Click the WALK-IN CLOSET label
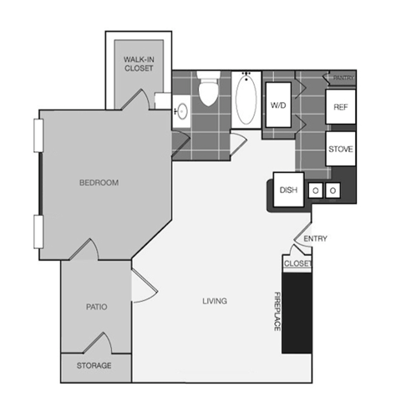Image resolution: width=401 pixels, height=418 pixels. pyautogui.click(x=138, y=65)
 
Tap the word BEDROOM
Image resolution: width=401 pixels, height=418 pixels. pyautogui.click(x=99, y=182)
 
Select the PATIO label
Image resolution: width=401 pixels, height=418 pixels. pyautogui.click(x=96, y=307)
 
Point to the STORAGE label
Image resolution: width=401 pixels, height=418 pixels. pyautogui.click(x=94, y=366)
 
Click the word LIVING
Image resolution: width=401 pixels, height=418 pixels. pyautogui.click(x=215, y=301)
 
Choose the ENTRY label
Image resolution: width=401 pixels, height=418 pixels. pyautogui.click(x=315, y=239)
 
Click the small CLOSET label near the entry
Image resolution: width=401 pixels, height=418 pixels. pyautogui.click(x=297, y=264)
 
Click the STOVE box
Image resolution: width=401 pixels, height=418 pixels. pyautogui.click(x=340, y=150)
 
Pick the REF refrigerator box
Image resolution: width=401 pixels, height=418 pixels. pyautogui.click(x=340, y=107)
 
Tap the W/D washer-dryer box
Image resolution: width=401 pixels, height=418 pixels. pyautogui.click(x=278, y=106)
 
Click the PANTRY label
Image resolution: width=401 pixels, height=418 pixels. pyautogui.click(x=343, y=78)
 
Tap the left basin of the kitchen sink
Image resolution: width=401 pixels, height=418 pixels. pyautogui.click(x=316, y=191)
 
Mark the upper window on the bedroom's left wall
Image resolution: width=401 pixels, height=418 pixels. pyautogui.click(x=37, y=135)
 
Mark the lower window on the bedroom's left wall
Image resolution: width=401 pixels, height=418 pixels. pyautogui.click(x=37, y=232)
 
